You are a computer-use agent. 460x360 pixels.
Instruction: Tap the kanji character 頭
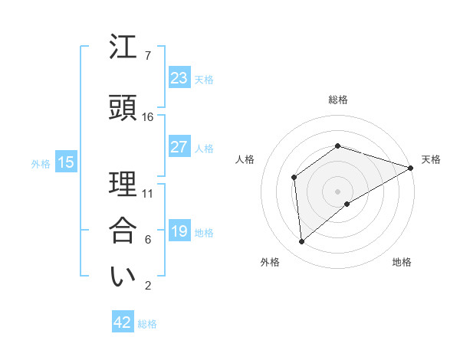click(x=123, y=108)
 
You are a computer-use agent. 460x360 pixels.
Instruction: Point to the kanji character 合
click(x=123, y=231)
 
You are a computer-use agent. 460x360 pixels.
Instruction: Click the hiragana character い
click(x=123, y=276)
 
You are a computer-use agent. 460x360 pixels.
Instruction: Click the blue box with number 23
click(x=179, y=78)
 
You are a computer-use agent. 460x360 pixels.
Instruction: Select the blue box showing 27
click(x=179, y=147)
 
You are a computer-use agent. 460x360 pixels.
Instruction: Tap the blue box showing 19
click(x=179, y=231)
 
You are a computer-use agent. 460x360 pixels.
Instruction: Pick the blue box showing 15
click(x=65, y=162)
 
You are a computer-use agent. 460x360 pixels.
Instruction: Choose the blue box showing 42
click(x=123, y=322)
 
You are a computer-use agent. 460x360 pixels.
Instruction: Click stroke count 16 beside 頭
click(x=147, y=117)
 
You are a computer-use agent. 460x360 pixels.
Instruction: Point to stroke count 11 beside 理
click(x=147, y=193)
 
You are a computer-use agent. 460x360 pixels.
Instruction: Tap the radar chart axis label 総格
click(x=338, y=100)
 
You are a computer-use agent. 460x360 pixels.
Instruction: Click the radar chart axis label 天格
click(x=431, y=159)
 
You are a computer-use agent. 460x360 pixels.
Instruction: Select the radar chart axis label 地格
click(x=402, y=262)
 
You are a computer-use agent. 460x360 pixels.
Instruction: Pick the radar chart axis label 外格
click(x=270, y=262)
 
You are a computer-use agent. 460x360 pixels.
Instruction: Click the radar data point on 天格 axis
click(x=411, y=167)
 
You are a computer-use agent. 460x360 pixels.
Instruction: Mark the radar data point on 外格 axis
click(x=302, y=242)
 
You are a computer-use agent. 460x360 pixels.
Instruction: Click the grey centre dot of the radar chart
click(x=337, y=191)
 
